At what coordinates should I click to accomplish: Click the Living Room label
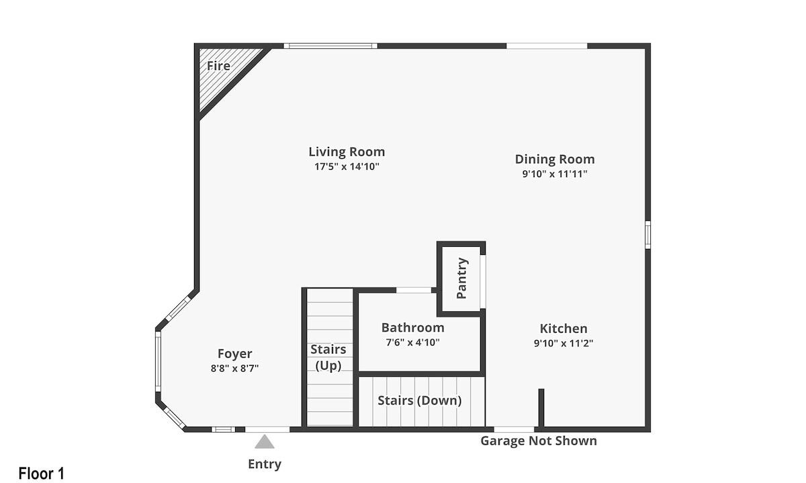[347, 152]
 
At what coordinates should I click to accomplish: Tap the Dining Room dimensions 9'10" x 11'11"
[555, 174]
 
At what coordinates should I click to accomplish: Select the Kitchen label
[564, 329]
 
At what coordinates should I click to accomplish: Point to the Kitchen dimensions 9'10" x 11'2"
[564, 343]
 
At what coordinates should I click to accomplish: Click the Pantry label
[461, 278]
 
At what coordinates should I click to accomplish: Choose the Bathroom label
[412, 328]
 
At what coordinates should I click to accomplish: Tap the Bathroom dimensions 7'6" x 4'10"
[412, 342]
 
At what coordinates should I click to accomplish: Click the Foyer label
[234, 354]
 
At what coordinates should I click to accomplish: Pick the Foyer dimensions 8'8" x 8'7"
[234, 368]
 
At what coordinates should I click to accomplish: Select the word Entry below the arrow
[265, 464]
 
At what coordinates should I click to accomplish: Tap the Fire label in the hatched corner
[218, 66]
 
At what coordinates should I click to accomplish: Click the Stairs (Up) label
[328, 357]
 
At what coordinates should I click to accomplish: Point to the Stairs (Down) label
[420, 400]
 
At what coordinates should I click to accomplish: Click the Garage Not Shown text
[539, 441]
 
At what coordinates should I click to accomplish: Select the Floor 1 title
[42, 474]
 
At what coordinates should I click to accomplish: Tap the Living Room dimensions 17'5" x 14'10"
[347, 167]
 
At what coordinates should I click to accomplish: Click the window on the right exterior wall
[647, 234]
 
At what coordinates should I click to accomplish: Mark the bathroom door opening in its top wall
[414, 290]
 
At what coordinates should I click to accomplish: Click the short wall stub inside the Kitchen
[541, 409]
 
